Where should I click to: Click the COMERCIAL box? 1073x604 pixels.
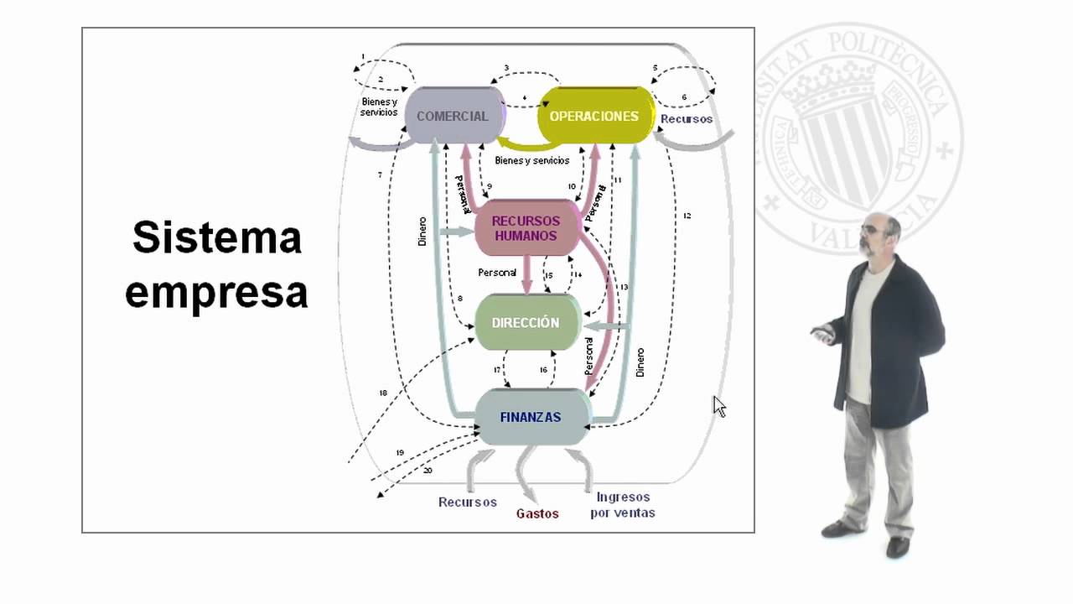coord(453,116)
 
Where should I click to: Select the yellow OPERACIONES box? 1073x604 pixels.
coord(594,116)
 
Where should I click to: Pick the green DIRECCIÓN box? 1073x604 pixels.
coord(526,322)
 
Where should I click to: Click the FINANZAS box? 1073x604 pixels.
coord(531,417)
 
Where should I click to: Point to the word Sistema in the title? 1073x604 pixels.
coord(217,237)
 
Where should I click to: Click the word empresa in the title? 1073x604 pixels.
coord(217,293)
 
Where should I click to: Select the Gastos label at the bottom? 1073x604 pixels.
coord(537,513)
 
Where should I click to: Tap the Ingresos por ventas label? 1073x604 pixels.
coord(623,505)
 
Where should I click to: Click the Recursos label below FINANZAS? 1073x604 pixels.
coord(468,502)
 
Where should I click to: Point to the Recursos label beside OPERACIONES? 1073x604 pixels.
coord(686,119)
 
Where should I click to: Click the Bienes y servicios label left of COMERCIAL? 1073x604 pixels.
coord(379,107)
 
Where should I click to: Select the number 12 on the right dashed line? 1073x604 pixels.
coord(687,216)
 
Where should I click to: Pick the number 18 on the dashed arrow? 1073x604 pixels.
coord(383,393)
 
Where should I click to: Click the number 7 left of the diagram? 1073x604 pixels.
coord(380,175)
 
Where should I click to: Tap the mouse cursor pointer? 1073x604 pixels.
coord(718,406)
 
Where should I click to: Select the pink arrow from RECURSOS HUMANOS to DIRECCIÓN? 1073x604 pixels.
coord(527,274)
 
